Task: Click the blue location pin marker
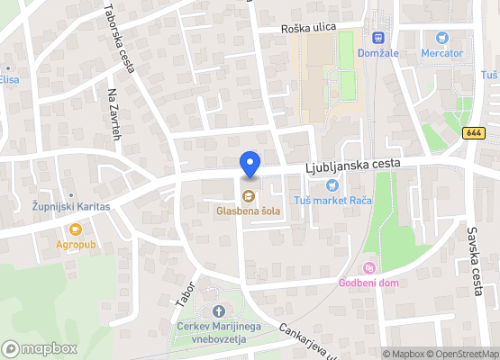250,165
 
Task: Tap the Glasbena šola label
248,211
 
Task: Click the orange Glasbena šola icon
249,194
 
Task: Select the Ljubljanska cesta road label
353,166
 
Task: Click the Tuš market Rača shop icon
332,185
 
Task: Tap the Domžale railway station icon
378,38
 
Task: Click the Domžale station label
378,53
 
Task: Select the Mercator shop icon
441,38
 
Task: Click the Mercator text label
441,53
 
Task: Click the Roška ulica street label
308,28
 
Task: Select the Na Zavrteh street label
114,118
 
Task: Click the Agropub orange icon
63,229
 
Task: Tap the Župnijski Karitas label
66,206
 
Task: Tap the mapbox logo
40,348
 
